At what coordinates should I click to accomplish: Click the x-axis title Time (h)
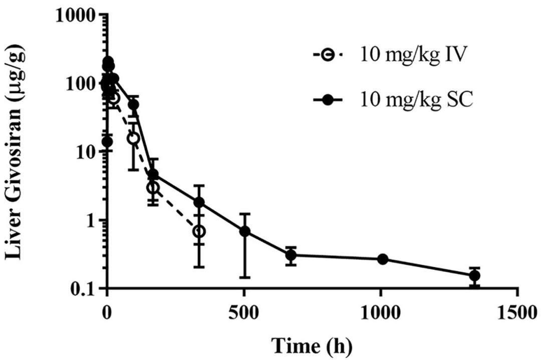tap(312, 345)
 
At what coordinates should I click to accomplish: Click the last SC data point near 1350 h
tap(474, 276)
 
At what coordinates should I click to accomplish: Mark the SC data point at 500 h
tap(245, 232)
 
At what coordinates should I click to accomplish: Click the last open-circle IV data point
tap(199, 231)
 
